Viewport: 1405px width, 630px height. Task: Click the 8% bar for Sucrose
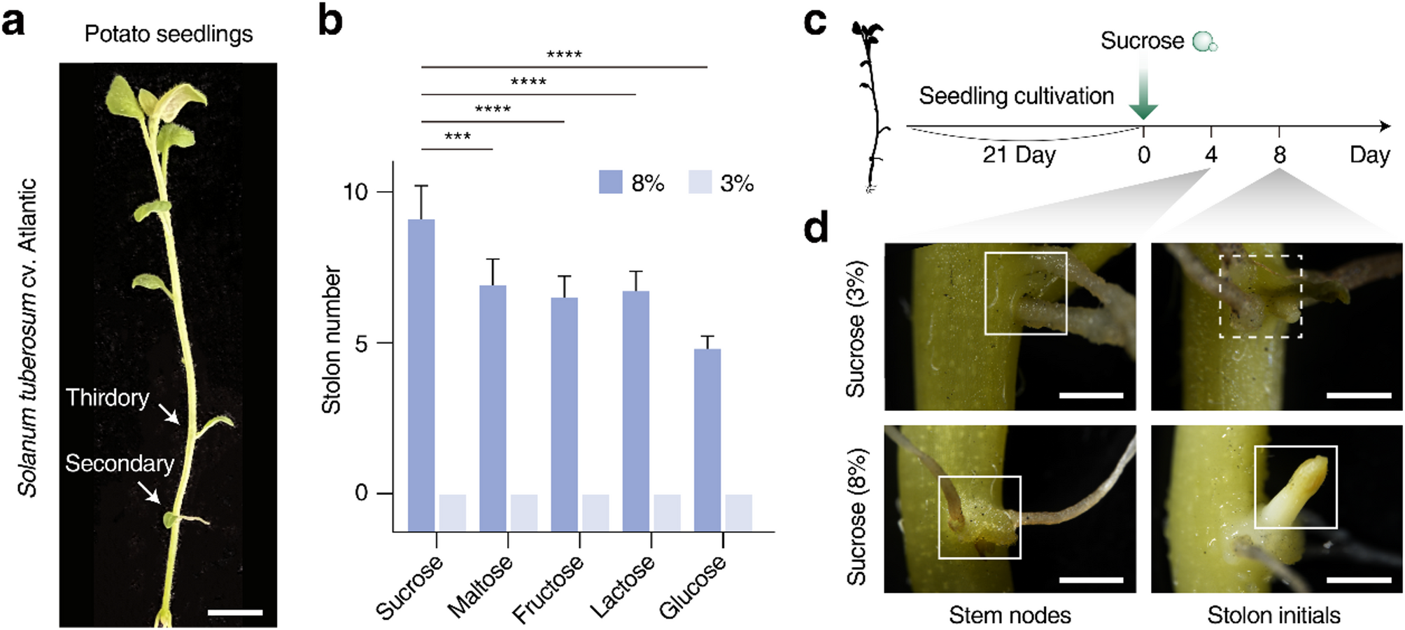(421, 374)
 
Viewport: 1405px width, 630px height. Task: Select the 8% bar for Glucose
(707, 440)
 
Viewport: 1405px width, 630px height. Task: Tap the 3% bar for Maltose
(524, 512)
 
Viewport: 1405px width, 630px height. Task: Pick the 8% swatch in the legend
(611, 182)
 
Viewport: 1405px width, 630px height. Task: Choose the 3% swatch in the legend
(700, 182)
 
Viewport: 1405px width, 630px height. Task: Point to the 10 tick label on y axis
(355, 192)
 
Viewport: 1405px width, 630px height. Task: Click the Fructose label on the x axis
(548, 589)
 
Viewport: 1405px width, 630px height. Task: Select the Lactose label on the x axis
(622, 587)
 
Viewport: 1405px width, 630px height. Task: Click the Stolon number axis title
(331, 339)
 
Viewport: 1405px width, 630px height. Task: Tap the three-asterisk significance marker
(458, 136)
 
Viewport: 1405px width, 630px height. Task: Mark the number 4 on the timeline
(1211, 155)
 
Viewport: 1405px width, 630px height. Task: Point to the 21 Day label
(1019, 155)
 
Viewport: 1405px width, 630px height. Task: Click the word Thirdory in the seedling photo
(108, 398)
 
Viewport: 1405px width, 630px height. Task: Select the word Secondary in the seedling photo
(120, 463)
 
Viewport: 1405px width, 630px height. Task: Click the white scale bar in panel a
(235, 612)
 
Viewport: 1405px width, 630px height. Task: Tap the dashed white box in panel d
(1260, 296)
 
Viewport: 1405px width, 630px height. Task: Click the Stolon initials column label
(1273, 615)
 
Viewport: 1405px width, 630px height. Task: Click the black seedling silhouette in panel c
(870, 105)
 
